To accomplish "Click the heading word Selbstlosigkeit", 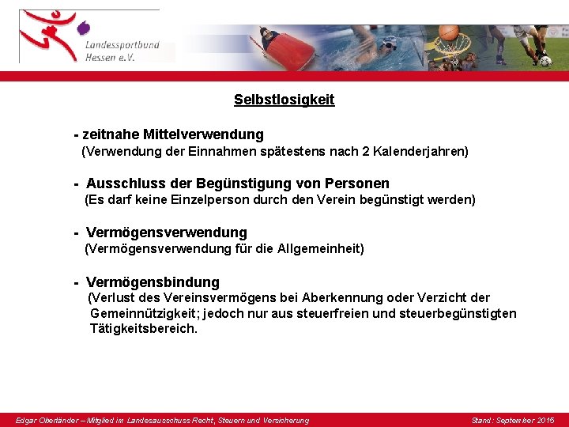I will [x=284, y=100].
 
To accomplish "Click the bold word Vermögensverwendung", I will [x=166, y=232].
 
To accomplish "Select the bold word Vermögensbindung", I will [x=153, y=282].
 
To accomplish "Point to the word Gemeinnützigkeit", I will [x=141, y=314].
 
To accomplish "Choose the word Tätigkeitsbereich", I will [x=143, y=329].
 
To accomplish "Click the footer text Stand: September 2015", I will [x=512, y=420].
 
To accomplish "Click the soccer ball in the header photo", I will [x=545, y=61].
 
